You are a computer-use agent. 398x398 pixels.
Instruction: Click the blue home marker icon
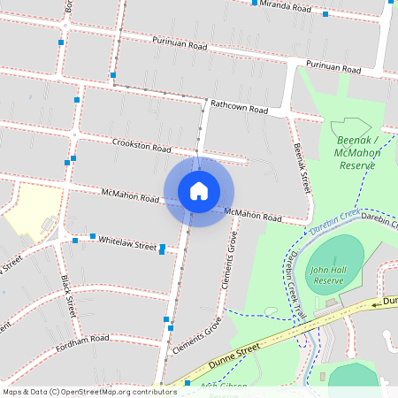click(x=199, y=190)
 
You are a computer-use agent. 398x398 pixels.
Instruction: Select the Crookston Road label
click(x=142, y=145)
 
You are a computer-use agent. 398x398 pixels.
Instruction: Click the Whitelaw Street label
click(x=127, y=242)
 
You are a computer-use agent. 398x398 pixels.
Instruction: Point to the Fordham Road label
click(x=80, y=339)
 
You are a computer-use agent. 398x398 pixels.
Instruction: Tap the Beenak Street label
click(x=302, y=169)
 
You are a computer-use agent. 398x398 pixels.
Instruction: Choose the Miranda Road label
click(x=286, y=7)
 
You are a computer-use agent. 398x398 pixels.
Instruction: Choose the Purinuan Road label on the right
click(x=333, y=67)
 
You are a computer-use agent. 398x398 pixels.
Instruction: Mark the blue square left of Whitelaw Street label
click(x=92, y=236)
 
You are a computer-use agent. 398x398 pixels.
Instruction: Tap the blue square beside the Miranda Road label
click(x=255, y=3)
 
